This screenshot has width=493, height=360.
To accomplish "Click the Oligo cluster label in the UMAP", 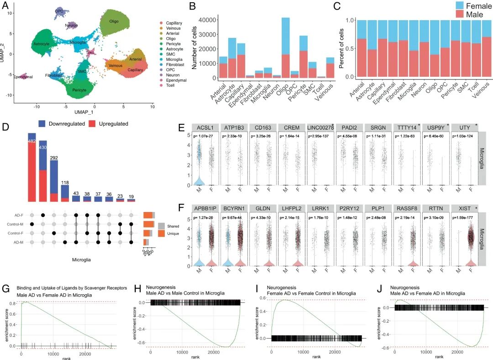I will coord(114,21).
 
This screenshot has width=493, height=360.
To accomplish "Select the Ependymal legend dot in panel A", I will coord(162,80).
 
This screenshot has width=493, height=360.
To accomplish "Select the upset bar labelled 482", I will coord(32,167).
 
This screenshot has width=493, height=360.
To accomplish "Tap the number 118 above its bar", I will coord(65,182).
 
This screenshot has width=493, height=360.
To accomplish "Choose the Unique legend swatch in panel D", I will coord(162,233).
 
